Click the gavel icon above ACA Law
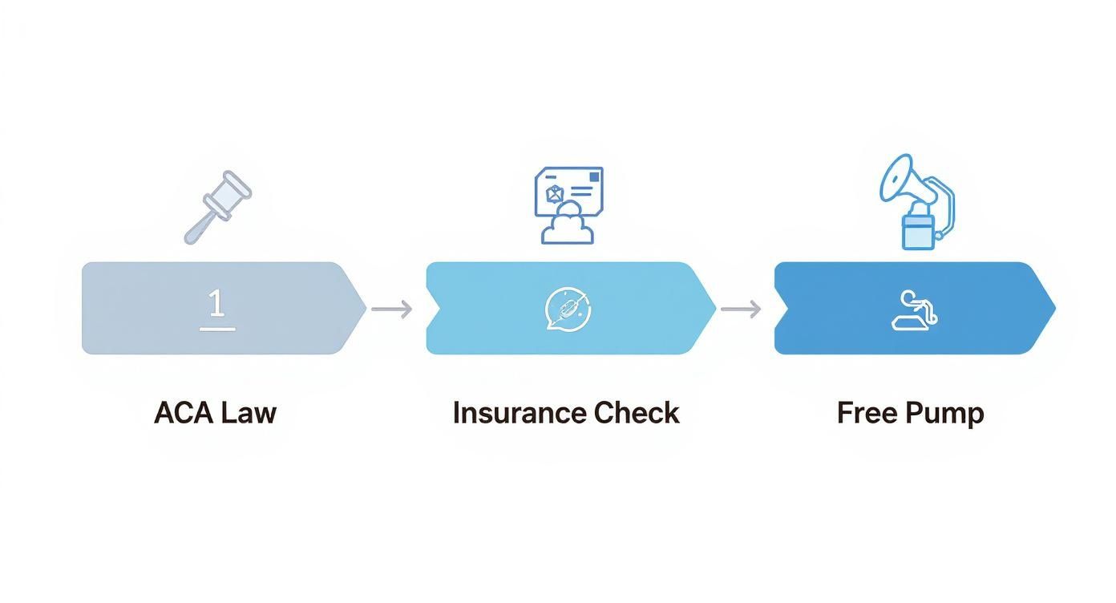pos(217,206)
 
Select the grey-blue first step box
pos(144,308)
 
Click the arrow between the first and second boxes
pos(392,309)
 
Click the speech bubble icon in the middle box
pos(568,309)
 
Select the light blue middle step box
pos(497,308)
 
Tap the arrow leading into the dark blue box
pos(741,309)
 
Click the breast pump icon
pos(916,201)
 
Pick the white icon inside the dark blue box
pos(914,310)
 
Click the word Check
pos(637,413)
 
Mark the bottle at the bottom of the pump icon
pos(918,232)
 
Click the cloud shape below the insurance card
pos(568,225)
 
